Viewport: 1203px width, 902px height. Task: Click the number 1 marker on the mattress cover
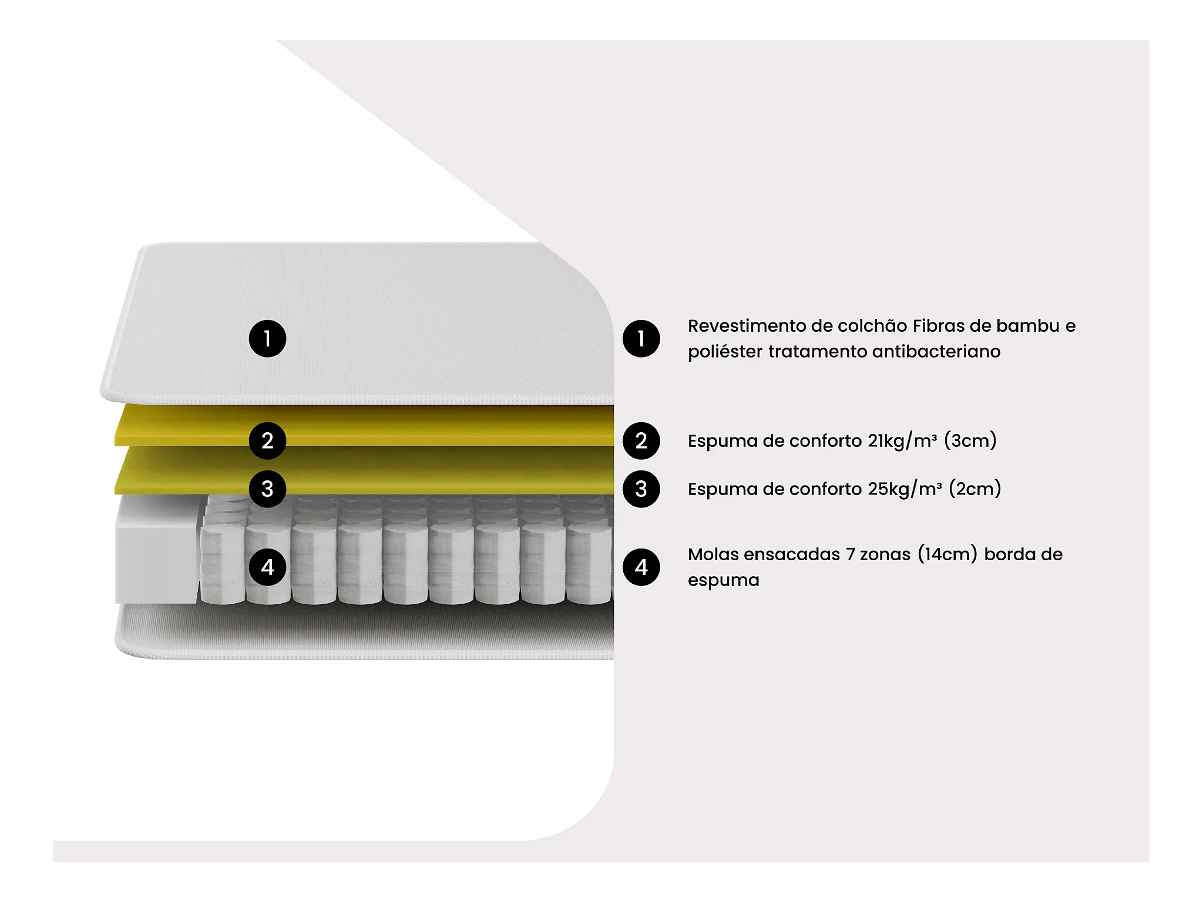[267, 339]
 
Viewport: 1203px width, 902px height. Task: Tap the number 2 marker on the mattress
[267, 441]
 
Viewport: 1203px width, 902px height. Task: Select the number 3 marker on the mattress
[267, 489]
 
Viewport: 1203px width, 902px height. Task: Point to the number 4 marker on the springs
[267, 567]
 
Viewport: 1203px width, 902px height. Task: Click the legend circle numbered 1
[641, 339]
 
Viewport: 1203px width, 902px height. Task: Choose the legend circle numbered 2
[641, 441]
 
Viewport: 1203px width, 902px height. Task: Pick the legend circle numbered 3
[641, 489]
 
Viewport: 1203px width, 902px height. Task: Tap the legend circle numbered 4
[641, 567]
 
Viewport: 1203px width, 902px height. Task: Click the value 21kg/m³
[902, 441]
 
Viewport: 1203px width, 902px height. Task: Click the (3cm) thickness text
[970, 441]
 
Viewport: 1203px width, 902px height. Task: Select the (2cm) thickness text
[975, 489]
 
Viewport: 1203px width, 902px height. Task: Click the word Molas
[713, 554]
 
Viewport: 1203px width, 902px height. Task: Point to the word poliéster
[725, 352]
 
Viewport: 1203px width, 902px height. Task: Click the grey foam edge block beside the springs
[157, 550]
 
